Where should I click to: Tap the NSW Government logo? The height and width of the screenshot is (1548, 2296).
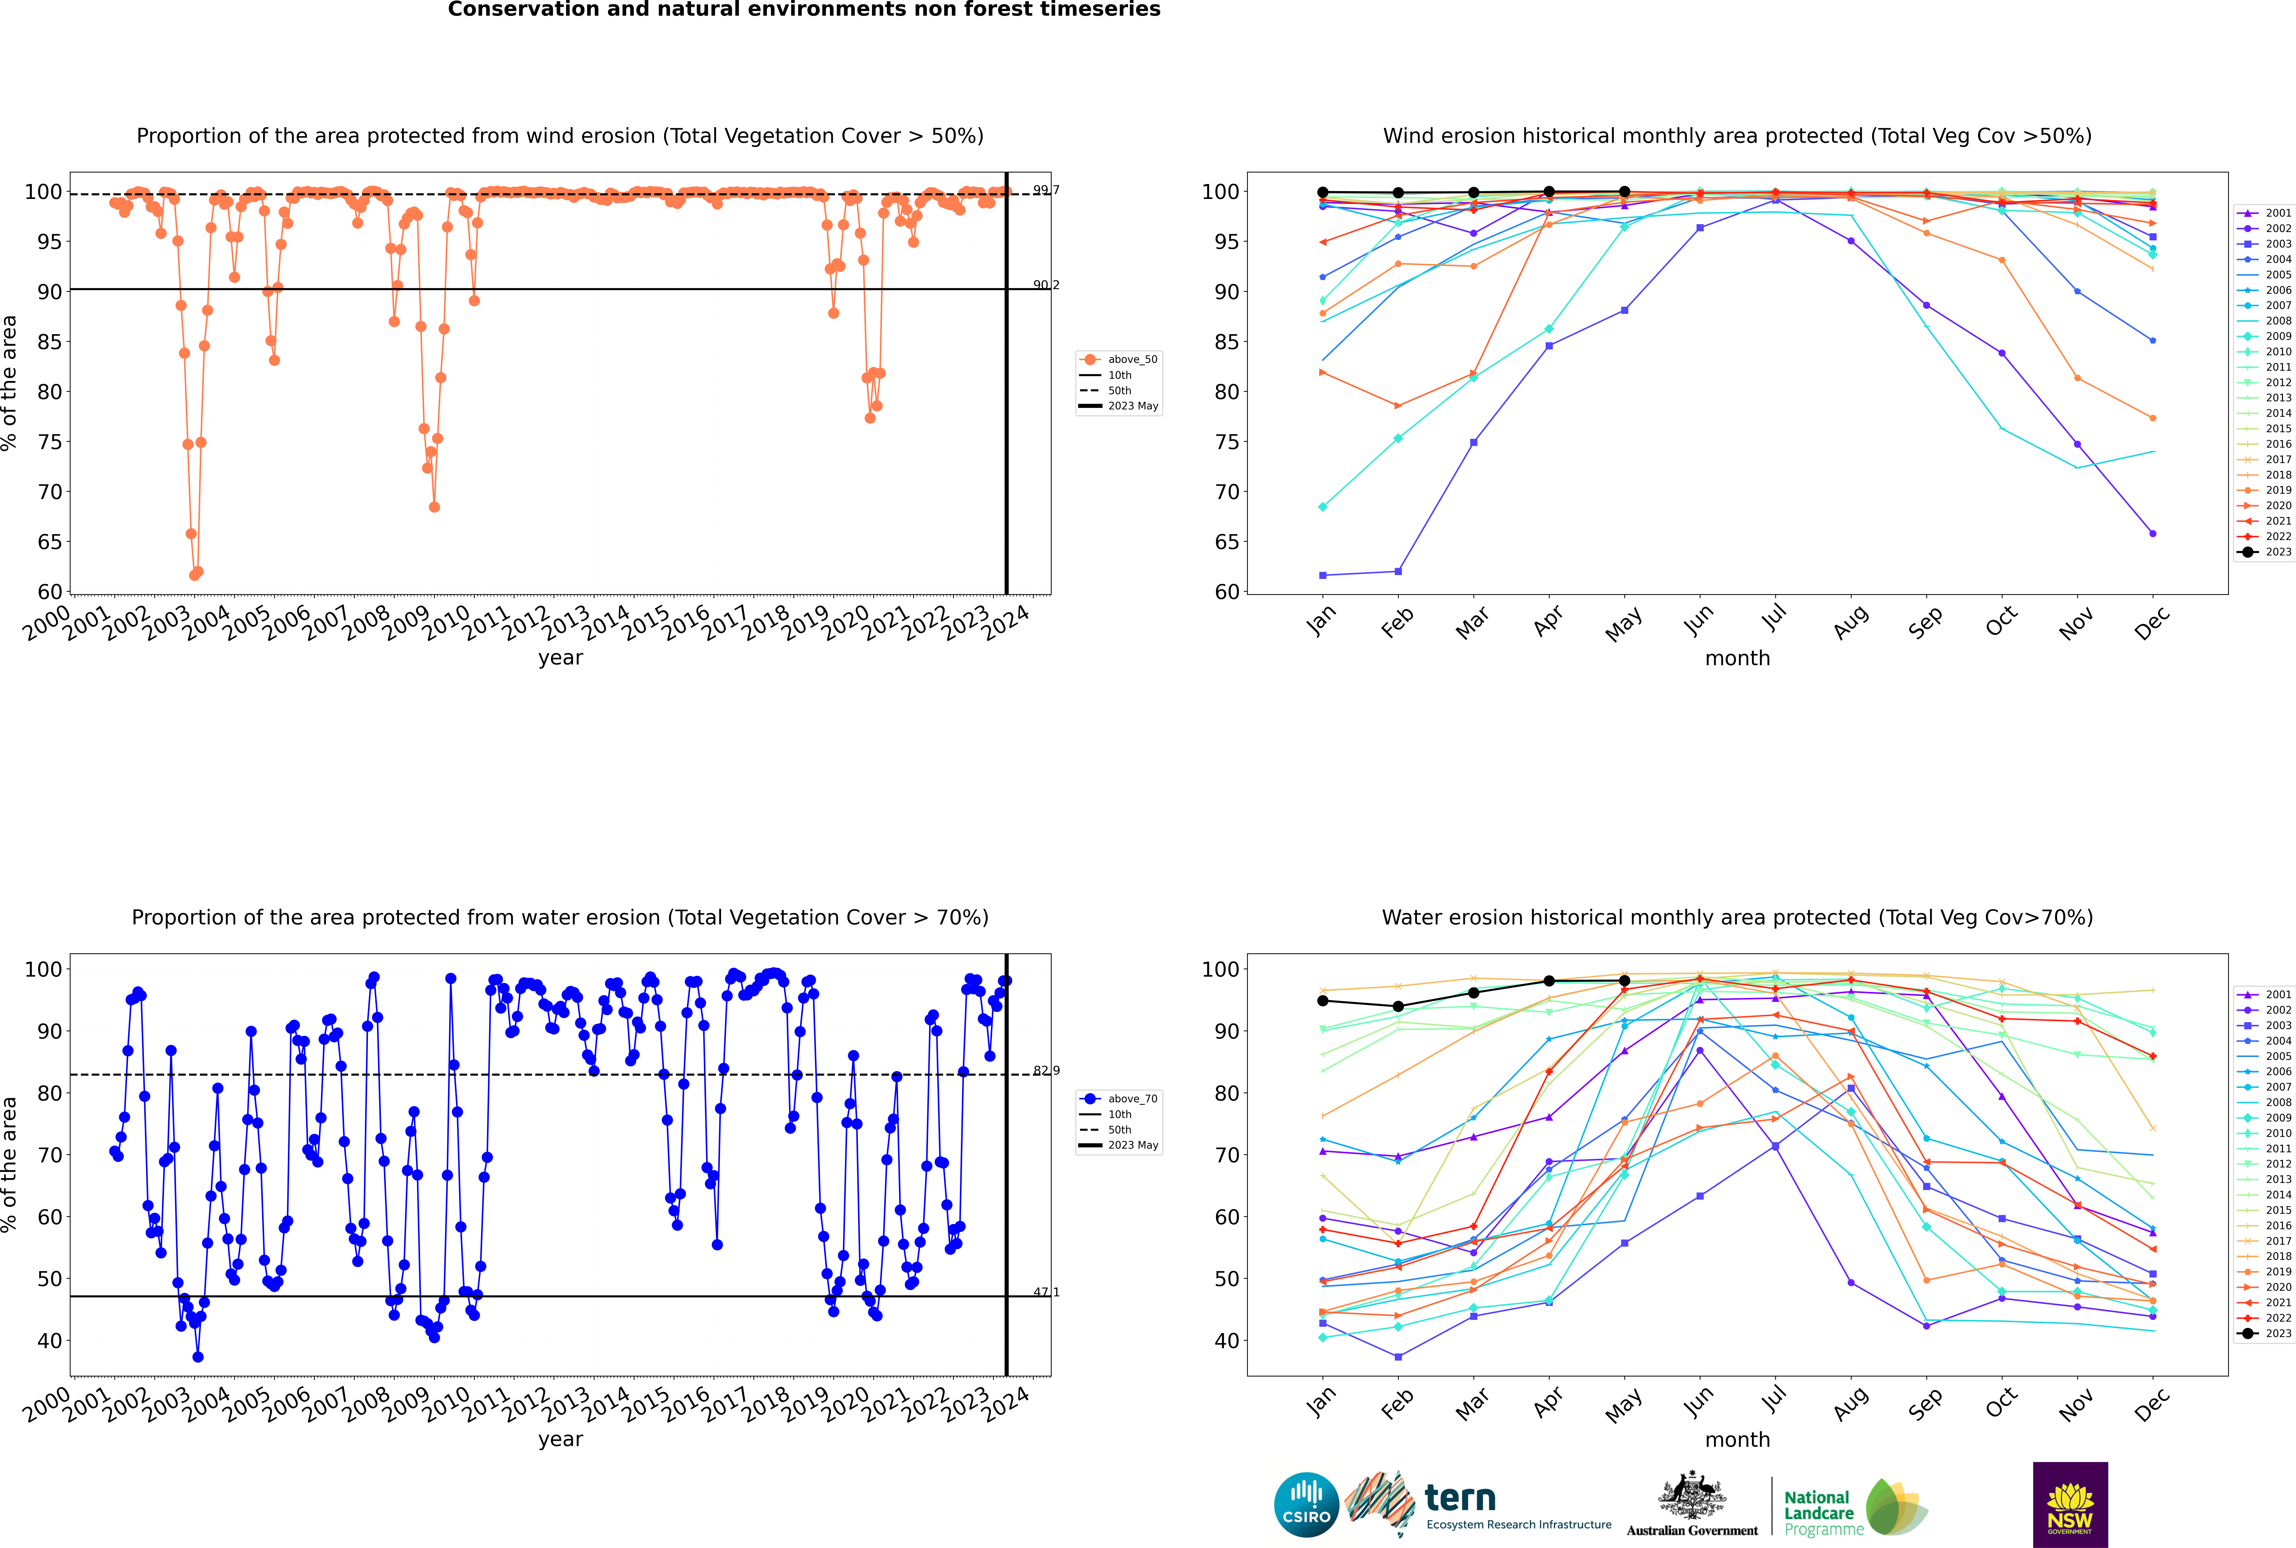coord(2070,1504)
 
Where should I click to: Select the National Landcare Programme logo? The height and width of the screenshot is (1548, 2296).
coord(1854,1508)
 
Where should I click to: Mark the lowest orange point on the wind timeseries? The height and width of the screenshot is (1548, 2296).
coord(194,575)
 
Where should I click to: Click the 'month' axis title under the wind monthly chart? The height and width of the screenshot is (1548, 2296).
coord(1737,659)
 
